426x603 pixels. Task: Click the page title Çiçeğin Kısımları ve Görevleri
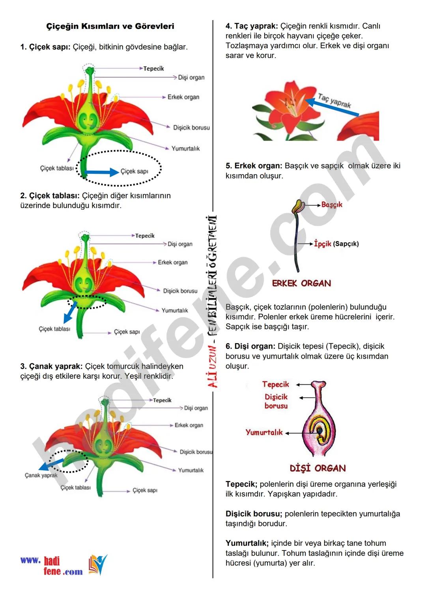click(110, 26)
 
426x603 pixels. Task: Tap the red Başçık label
click(331, 205)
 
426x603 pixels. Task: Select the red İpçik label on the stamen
click(322, 244)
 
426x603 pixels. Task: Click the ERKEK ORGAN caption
click(301, 283)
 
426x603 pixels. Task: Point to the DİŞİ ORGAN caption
click(318, 468)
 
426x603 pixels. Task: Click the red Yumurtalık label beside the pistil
click(264, 432)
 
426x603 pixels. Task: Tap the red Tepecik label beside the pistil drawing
click(275, 384)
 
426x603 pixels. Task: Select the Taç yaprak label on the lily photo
click(334, 101)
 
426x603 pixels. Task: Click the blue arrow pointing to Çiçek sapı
click(102, 172)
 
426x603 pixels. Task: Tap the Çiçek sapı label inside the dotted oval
click(135, 171)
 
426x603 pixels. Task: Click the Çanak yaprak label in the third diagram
click(41, 475)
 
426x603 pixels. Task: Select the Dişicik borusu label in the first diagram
click(191, 128)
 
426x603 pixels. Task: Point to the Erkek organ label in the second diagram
click(173, 262)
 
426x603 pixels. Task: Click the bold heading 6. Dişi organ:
click(250, 346)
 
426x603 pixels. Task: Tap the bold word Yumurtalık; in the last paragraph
click(247, 543)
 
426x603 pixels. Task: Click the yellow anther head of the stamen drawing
click(298, 205)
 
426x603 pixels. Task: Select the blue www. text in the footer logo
click(30, 560)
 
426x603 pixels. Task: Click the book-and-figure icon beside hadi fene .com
click(97, 565)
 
